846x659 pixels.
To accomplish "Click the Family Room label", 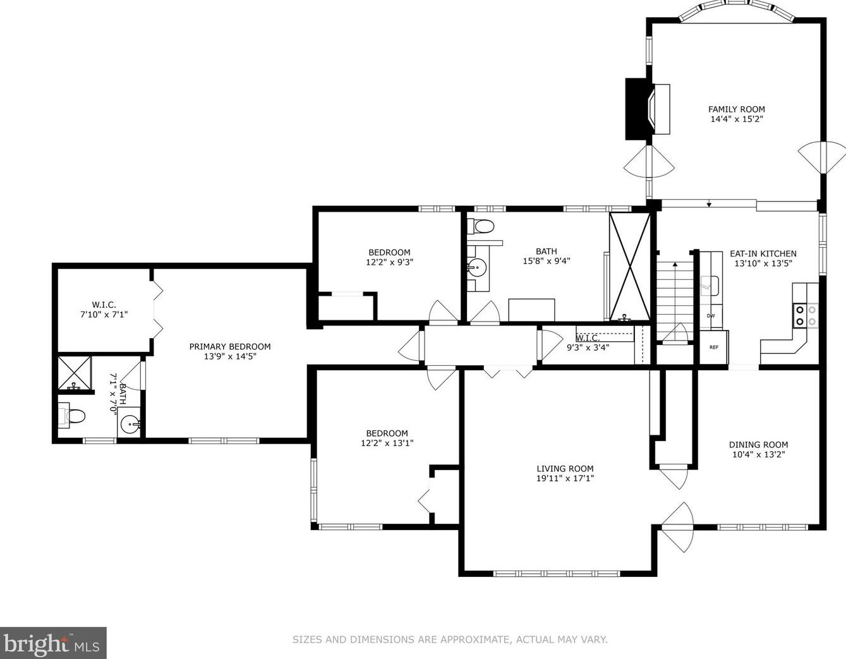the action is (x=736, y=109).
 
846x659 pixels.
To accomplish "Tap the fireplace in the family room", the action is (x=647, y=109).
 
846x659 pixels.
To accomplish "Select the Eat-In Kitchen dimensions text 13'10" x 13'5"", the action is (x=763, y=263).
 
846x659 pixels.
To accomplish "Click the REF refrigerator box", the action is (x=714, y=348).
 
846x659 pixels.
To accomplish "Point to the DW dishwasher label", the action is (x=711, y=316).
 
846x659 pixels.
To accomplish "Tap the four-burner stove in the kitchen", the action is (x=806, y=316).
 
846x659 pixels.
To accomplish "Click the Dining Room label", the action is (x=758, y=445).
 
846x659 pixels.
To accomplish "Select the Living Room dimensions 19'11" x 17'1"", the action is (x=565, y=478).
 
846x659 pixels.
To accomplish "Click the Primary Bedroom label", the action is (x=230, y=346).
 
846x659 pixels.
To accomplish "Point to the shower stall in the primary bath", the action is (x=74, y=373).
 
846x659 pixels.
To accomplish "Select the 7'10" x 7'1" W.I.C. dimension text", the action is (x=104, y=314).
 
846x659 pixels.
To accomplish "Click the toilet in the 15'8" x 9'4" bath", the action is (x=481, y=226).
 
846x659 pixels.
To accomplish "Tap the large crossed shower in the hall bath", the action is (x=629, y=267).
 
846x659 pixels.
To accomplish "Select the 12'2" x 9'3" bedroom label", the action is (x=389, y=257).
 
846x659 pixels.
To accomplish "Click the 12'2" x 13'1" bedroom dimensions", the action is (x=387, y=442).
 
